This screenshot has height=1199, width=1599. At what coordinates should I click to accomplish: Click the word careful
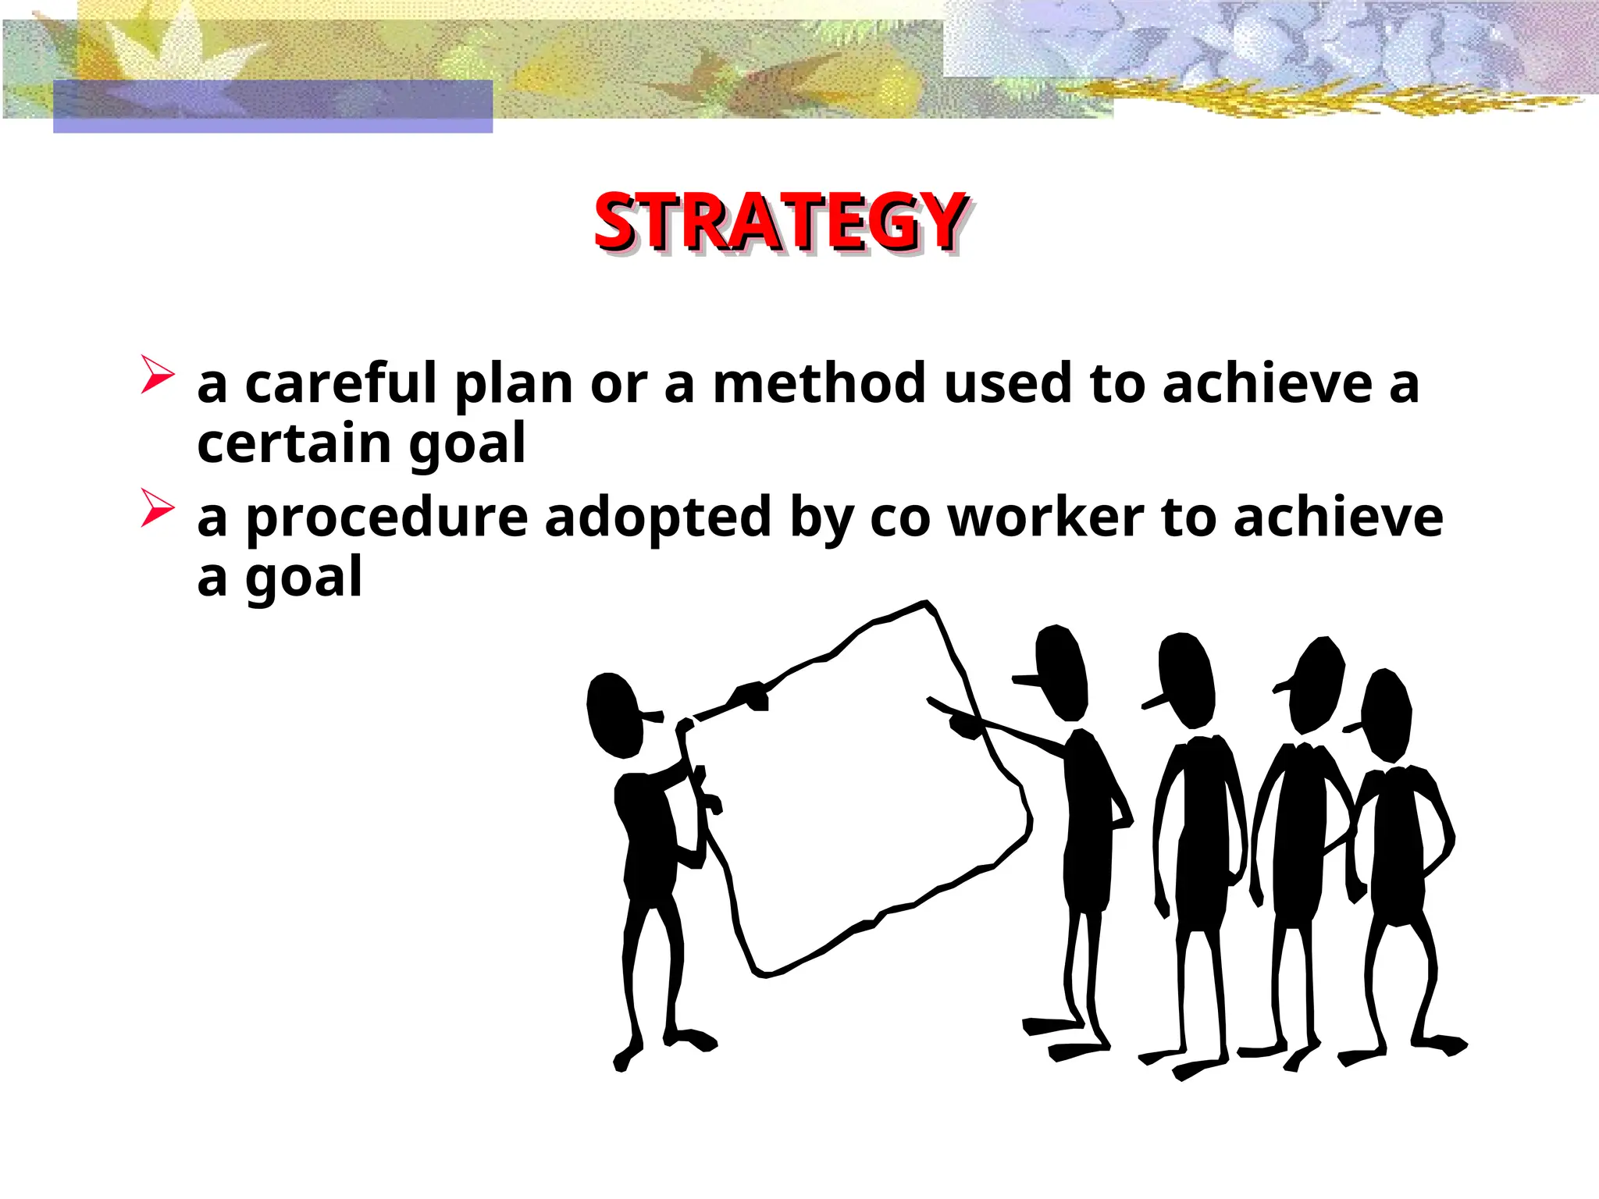point(340,384)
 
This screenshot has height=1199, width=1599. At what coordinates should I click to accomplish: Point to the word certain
point(294,444)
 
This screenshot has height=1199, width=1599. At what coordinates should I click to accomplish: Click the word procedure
point(386,518)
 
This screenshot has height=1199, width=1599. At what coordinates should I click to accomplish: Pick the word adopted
point(658,518)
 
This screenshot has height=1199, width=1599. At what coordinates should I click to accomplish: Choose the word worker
point(1045,518)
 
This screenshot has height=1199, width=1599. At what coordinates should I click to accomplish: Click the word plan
point(514,384)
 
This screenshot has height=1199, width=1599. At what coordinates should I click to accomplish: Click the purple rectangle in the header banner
point(272,106)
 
